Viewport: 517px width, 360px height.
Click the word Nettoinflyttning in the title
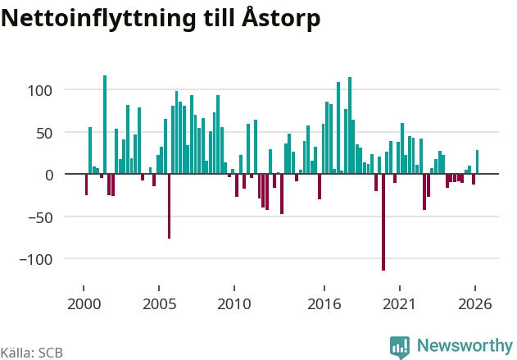(x=98, y=19)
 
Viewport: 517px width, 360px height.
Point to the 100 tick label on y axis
(x=40, y=91)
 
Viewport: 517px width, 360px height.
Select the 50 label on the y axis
(x=44, y=134)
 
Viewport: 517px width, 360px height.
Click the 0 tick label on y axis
(x=49, y=175)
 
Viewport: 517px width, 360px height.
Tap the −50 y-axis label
(x=40, y=218)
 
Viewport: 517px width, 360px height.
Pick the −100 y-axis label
(x=36, y=260)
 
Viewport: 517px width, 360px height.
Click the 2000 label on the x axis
(x=84, y=304)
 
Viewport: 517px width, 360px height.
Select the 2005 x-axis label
(x=159, y=304)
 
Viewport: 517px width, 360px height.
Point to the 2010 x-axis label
(x=234, y=304)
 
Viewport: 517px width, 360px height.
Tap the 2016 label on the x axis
(x=324, y=304)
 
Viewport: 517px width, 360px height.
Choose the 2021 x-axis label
(x=399, y=304)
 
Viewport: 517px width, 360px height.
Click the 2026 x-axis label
(x=474, y=304)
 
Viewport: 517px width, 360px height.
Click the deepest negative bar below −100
(x=383, y=222)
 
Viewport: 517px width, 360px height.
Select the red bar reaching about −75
(x=169, y=206)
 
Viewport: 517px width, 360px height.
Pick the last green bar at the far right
(x=477, y=162)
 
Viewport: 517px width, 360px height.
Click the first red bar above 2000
(x=86, y=185)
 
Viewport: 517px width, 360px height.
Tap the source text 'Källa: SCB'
(x=32, y=353)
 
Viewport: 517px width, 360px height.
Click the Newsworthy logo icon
(x=400, y=347)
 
